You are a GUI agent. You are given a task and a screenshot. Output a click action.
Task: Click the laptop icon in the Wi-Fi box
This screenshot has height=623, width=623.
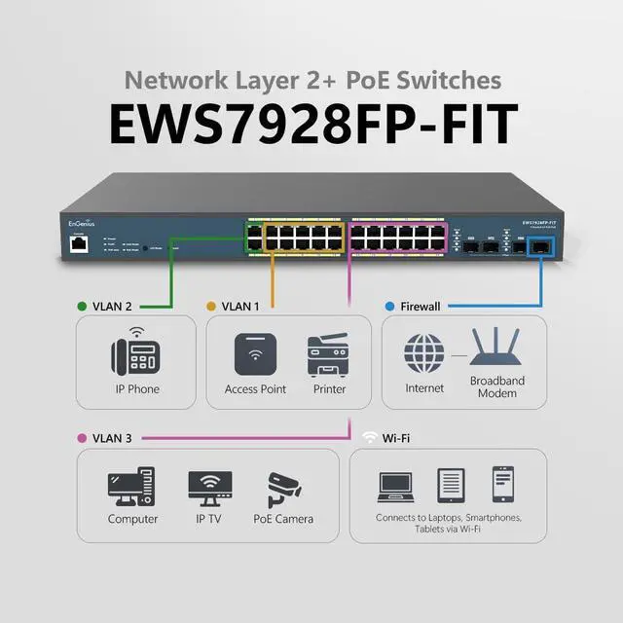coord(395,485)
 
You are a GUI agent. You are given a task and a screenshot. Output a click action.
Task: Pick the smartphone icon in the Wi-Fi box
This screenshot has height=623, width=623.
coord(502,483)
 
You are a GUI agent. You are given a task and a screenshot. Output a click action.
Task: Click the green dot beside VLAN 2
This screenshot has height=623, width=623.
coord(81,306)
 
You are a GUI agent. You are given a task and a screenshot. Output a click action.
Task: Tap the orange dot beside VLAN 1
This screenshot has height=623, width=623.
coord(210,306)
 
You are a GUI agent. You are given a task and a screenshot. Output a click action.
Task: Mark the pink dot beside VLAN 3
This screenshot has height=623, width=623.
coord(81,438)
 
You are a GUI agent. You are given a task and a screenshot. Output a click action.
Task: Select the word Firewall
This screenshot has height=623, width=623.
coord(421,306)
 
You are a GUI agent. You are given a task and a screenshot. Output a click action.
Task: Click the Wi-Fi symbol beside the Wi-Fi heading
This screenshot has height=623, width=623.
coord(369,437)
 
